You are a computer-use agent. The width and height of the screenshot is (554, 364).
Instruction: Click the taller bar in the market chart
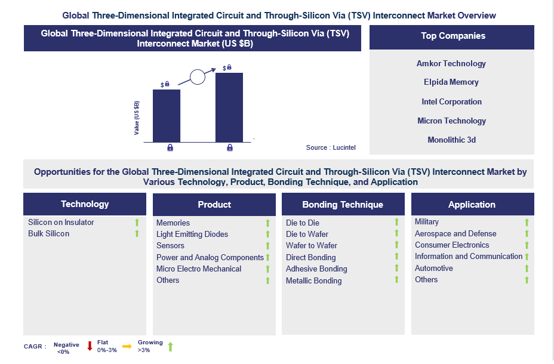pos(229,107)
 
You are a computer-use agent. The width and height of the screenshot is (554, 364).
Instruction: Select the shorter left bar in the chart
pos(167,116)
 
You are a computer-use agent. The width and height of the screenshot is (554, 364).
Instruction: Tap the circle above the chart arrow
pos(198,77)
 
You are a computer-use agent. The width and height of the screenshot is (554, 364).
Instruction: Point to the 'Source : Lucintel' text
pos(331,147)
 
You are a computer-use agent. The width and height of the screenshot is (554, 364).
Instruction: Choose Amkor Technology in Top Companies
pos(451,63)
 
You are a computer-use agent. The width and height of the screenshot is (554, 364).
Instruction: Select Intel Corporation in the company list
pos(451,101)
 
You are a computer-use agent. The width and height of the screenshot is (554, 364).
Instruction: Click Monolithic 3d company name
pos(451,140)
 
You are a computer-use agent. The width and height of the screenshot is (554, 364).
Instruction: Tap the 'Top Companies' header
pos(453,36)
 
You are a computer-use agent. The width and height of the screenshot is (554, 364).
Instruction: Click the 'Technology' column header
pos(85,204)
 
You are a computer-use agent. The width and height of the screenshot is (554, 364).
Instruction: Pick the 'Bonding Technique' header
pos(343,205)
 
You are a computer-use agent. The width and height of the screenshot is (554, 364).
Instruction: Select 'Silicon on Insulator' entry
pos(61,222)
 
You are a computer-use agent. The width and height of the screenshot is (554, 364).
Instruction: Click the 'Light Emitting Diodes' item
pos(192,234)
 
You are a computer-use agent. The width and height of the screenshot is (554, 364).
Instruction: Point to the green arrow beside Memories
pos(268,223)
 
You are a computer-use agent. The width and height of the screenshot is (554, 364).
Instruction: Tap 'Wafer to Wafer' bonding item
pos(312,245)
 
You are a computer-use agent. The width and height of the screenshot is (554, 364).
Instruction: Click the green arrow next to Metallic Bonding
pos(396,279)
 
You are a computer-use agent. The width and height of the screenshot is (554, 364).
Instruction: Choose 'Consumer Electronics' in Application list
pos(452,245)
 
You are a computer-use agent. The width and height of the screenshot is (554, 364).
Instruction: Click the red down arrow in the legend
pos(90,346)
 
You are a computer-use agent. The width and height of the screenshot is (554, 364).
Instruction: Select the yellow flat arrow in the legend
pos(127,346)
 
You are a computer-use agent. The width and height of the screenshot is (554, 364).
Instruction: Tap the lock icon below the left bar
pos(170,147)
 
